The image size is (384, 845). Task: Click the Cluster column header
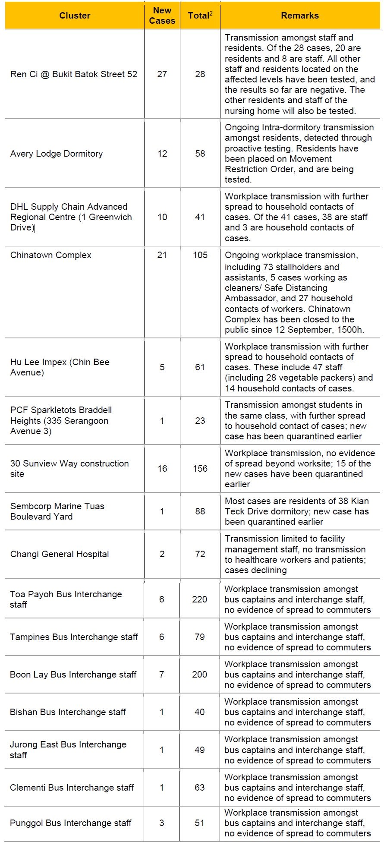(75, 16)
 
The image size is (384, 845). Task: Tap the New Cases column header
(162, 16)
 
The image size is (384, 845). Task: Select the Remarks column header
(299, 16)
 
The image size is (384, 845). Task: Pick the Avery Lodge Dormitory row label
(57, 154)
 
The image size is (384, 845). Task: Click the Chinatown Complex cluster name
(51, 255)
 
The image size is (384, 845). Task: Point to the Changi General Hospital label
(60, 554)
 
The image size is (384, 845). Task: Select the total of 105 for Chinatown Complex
(200, 255)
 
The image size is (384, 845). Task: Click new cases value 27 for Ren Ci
(162, 74)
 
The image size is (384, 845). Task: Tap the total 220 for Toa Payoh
(200, 599)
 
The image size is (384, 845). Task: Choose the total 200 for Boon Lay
(200, 675)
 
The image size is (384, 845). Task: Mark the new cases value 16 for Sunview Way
(162, 469)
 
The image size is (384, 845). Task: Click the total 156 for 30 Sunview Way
(200, 469)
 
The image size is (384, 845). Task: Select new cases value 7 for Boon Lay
(162, 675)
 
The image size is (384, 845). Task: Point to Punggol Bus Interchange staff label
(71, 823)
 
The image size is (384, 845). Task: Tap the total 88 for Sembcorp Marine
(200, 511)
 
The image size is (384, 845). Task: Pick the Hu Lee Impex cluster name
(60, 367)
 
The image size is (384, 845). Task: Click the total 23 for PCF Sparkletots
(200, 421)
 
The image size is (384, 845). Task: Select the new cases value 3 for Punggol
(162, 823)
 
